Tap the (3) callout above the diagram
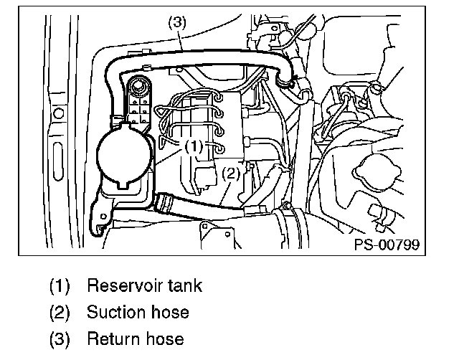pos(177,22)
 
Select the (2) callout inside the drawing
pos(229,173)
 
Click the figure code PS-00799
pos(385,245)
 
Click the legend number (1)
pos(60,286)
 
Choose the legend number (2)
pos(60,313)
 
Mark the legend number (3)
pos(60,339)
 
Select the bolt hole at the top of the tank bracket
pos(136,87)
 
